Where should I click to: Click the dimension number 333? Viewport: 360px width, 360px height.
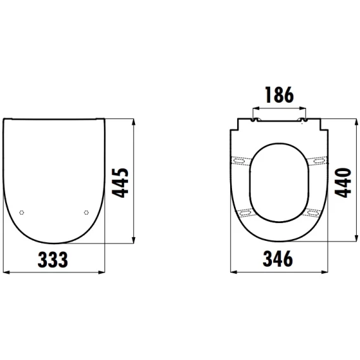tap(53, 260)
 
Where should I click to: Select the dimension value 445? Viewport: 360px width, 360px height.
tap(120, 183)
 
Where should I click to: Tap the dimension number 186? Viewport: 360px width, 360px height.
tap(280, 94)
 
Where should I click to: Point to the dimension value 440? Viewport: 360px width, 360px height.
tap(343, 183)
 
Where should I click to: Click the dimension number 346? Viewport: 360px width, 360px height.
tap(278, 259)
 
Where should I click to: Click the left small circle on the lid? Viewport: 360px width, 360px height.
tap(22, 212)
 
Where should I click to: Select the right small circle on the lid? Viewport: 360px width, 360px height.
tap(86, 212)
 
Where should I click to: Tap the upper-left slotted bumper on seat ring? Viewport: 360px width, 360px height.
tap(239, 160)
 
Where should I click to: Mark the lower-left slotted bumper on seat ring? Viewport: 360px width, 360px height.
tap(246, 212)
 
